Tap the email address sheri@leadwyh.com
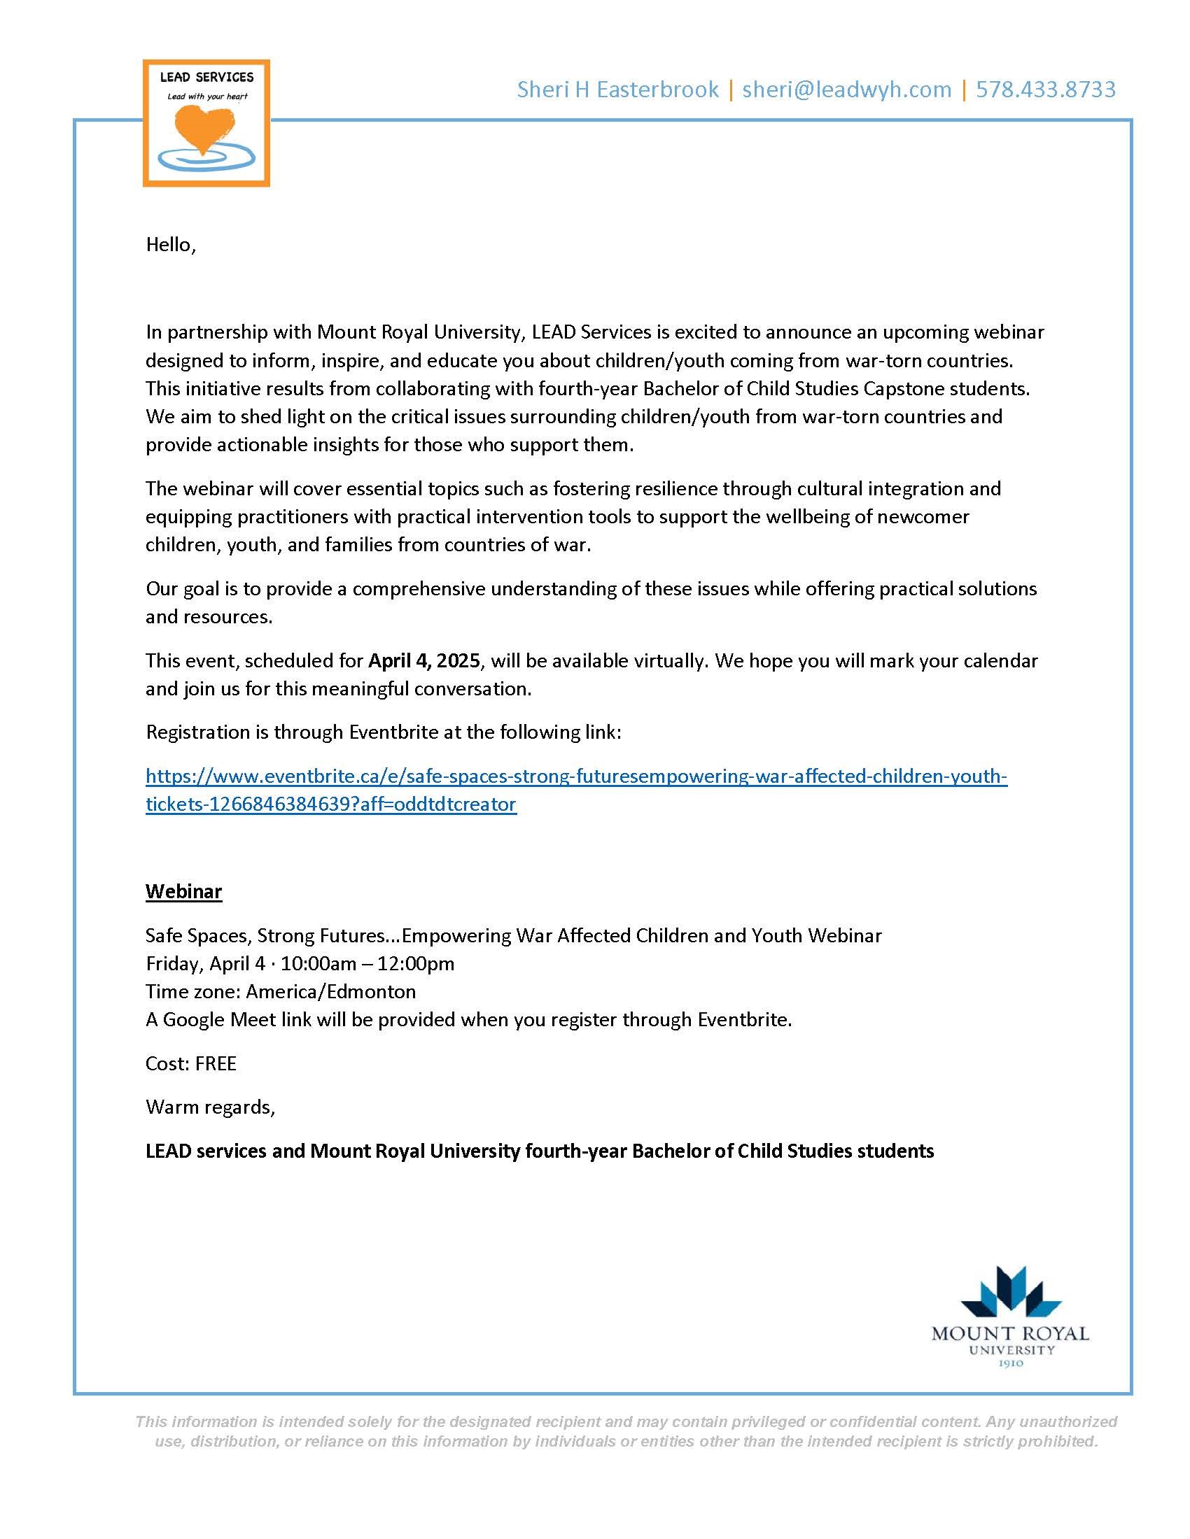click(x=847, y=90)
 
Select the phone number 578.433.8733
click(x=1046, y=90)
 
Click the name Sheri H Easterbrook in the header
click(x=617, y=90)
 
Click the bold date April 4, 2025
click(x=424, y=660)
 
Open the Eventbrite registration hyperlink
click(x=576, y=776)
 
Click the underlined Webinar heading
click(x=183, y=891)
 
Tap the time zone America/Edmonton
click(x=330, y=991)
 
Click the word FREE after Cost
click(x=216, y=1063)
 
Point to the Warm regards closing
click(x=209, y=1107)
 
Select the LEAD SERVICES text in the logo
click(x=206, y=78)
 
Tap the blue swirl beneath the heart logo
click(x=205, y=160)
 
